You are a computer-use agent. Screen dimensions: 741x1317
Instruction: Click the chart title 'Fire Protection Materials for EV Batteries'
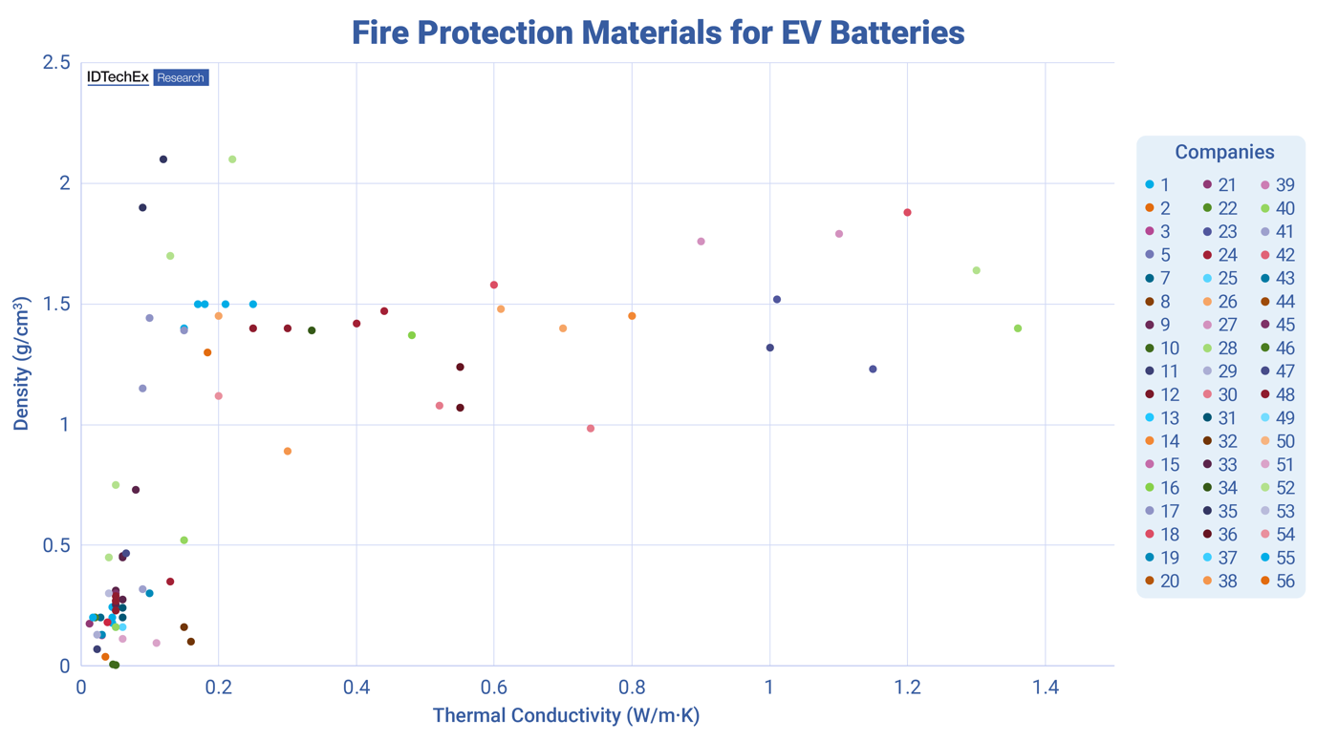click(x=658, y=32)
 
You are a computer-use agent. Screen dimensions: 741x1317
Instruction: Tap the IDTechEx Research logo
click(x=147, y=77)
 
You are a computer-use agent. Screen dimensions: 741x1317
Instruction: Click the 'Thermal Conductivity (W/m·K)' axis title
click(x=566, y=715)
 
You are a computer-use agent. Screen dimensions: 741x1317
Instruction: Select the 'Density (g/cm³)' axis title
click(x=21, y=364)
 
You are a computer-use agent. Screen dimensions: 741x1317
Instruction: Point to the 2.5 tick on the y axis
click(x=56, y=63)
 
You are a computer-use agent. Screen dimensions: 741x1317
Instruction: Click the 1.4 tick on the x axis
click(x=1046, y=687)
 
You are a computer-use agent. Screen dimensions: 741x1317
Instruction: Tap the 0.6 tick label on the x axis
click(x=494, y=687)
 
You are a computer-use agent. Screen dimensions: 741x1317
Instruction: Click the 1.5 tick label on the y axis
click(x=56, y=305)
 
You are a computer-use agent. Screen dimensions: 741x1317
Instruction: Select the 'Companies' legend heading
click(x=1223, y=152)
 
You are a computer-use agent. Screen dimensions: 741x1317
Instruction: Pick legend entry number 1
click(x=1158, y=185)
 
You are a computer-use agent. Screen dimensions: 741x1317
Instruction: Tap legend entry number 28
click(x=1218, y=349)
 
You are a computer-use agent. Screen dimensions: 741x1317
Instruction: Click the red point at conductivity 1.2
click(x=907, y=213)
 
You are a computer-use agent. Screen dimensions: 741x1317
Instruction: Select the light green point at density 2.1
click(x=232, y=159)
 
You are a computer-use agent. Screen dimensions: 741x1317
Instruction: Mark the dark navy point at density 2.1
click(x=163, y=159)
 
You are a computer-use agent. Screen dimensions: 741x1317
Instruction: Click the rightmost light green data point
click(x=1018, y=328)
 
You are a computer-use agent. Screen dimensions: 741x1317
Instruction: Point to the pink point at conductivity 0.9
click(x=701, y=242)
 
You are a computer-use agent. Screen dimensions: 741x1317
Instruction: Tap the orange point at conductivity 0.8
click(x=632, y=316)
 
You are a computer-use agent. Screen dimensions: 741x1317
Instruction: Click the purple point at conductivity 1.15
click(x=873, y=370)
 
